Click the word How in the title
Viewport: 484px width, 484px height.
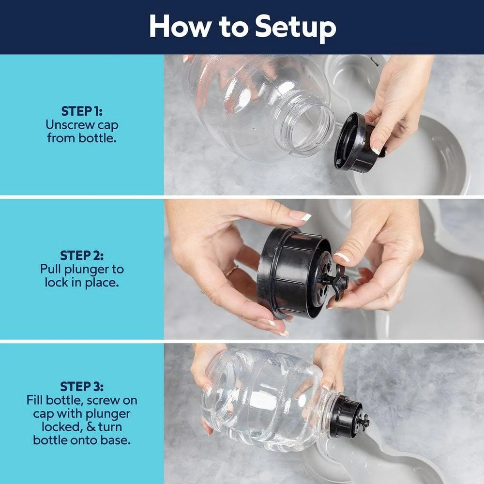(x=180, y=27)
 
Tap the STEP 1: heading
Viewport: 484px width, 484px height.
(x=82, y=111)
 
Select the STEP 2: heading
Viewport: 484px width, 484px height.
(x=82, y=256)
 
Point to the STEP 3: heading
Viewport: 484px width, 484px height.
(x=82, y=386)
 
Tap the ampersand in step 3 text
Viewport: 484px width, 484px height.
(x=91, y=427)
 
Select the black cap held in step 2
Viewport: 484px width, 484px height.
(x=295, y=273)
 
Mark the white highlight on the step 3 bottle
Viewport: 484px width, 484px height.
(x=263, y=401)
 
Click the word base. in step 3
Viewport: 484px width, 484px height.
(x=116, y=440)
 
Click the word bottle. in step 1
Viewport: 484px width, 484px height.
(x=97, y=137)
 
